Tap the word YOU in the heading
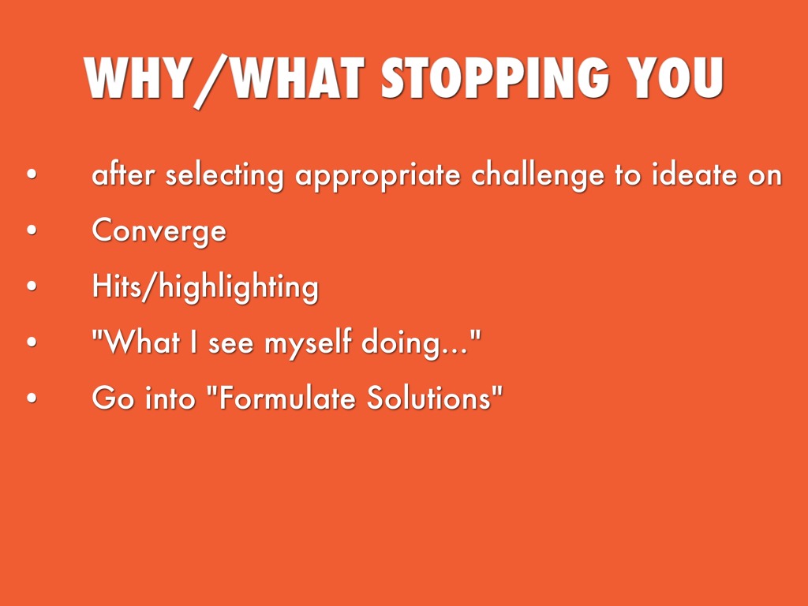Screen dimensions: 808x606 tap(676, 77)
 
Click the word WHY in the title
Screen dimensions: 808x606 tap(137, 77)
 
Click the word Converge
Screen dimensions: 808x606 tap(159, 230)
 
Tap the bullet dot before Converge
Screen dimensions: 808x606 tap(32, 230)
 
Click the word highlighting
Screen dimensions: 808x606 tap(238, 287)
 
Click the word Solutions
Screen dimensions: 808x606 tap(428, 398)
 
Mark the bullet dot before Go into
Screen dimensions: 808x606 tap(32, 398)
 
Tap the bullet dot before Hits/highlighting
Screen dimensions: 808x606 tap(32, 286)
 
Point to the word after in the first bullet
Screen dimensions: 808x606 tap(123, 174)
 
